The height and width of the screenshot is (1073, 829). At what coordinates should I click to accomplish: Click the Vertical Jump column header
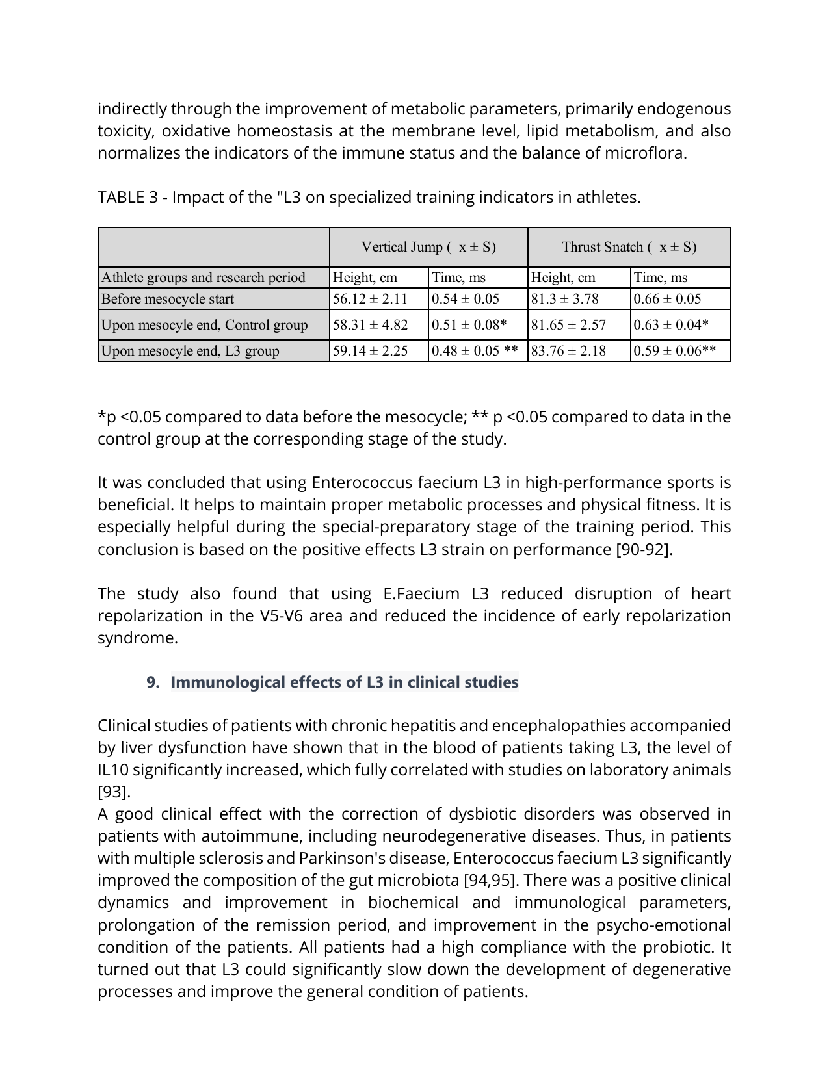[x=428, y=247]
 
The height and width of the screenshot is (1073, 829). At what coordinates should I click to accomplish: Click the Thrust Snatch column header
[x=629, y=247]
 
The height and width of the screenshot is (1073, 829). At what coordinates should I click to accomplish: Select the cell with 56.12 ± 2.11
[x=370, y=299]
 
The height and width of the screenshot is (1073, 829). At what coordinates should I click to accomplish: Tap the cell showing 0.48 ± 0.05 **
[x=475, y=351]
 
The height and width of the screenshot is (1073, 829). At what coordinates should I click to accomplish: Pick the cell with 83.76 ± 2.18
[x=568, y=351]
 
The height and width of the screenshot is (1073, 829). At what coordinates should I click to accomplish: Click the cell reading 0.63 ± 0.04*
[x=671, y=325]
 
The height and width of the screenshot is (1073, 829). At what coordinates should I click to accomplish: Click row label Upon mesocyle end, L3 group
[x=191, y=351]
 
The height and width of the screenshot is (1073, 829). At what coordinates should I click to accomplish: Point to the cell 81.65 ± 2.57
[x=568, y=325]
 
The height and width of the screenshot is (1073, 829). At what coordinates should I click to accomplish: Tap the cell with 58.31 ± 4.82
[x=370, y=325]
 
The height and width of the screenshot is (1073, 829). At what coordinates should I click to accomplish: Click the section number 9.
[x=153, y=682]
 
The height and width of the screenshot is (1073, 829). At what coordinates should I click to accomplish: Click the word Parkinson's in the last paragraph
[x=340, y=859]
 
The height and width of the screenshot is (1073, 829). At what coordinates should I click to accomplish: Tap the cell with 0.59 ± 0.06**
[x=675, y=351]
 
